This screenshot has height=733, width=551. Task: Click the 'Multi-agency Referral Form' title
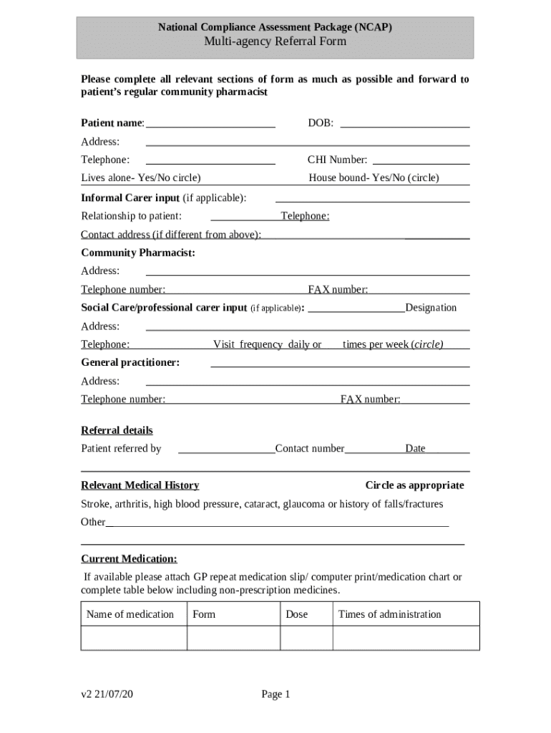point(275,42)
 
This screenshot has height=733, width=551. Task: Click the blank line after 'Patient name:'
point(210,124)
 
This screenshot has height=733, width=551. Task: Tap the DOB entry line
point(405,124)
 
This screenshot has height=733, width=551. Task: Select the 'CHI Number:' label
point(337,160)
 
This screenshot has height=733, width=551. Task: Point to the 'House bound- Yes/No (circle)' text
point(374,178)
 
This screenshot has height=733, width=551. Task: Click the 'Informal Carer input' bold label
point(130,198)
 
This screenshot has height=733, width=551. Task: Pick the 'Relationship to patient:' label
point(131,215)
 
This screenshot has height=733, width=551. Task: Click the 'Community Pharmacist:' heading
point(138,253)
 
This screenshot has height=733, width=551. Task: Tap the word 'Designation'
point(431,308)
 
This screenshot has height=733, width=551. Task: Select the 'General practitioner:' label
point(130,362)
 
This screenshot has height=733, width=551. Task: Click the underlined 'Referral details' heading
point(117,430)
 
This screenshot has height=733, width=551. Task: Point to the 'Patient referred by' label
point(121,449)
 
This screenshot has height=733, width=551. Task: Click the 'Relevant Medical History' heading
point(140,485)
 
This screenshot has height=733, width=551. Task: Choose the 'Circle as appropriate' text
point(414,485)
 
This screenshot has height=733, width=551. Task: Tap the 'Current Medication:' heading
point(129,558)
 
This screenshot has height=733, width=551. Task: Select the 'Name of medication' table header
point(130,614)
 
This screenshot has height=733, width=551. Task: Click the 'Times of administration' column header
point(389,614)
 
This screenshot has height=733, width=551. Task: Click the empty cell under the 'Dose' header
point(306,638)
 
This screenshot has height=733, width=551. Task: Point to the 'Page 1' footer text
point(275,694)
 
